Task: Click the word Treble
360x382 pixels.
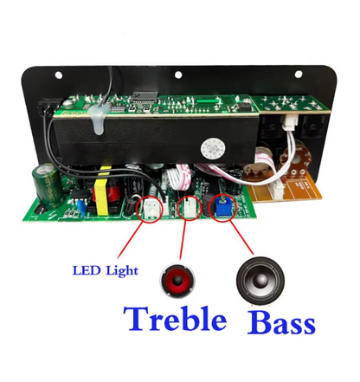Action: pyautogui.click(x=175, y=319)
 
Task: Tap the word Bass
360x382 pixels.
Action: pyautogui.click(x=281, y=322)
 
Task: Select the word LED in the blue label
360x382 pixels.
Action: pyautogui.click(x=87, y=270)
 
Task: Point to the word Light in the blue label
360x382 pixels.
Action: pyautogui.click(x=122, y=271)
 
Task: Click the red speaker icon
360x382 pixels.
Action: pyautogui.click(x=177, y=281)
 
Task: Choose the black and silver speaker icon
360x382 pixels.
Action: pyautogui.click(x=260, y=281)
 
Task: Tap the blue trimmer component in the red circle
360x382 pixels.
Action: pyautogui.click(x=223, y=207)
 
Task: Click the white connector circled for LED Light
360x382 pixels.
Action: pyautogui.click(x=151, y=207)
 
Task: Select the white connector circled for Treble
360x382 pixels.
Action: pyautogui.click(x=190, y=208)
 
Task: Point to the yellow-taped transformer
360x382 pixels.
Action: pyautogui.click(x=103, y=192)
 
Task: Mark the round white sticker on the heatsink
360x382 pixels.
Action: pyautogui.click(x=213, y=148)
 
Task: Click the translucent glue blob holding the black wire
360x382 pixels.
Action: pyautogui.click(x=97, y=119)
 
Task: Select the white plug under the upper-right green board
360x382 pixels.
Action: pyautogui.click(x=288, y=121)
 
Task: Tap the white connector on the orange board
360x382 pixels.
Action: pyautogui.click(x=275, y=190)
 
